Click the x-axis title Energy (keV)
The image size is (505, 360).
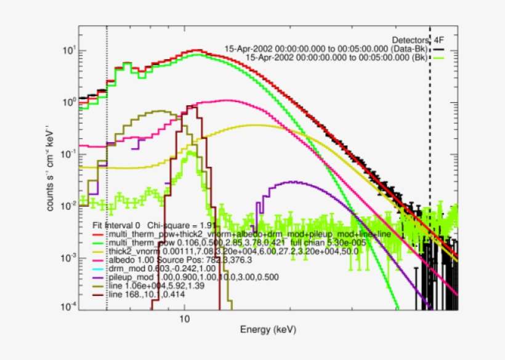(x=268, y=330)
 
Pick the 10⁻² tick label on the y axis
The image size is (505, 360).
(x=67, y=205)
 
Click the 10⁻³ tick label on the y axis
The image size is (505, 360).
(x=67, y=257)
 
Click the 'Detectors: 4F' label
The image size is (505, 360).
(x=418, y=39)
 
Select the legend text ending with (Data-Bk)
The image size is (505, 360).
(x=326, y=48)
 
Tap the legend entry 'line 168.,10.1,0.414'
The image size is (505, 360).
(x=148, y=295)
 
